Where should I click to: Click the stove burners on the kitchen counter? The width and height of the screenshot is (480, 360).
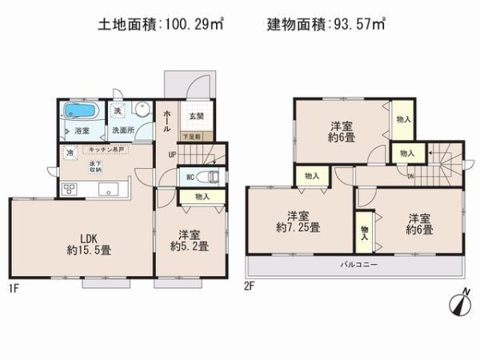(69, 190)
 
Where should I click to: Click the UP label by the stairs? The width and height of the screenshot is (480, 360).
(172, 154)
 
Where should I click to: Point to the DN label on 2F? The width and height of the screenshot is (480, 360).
(410, 178)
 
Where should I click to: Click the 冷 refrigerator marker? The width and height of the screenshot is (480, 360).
(70, 153)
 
